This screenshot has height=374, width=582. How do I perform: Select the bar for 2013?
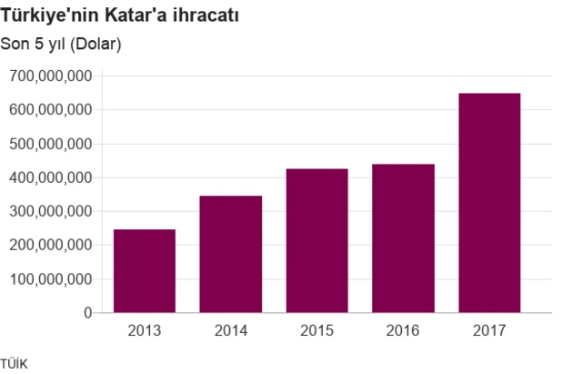coord(145,271)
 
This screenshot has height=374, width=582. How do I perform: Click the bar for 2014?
coord(231,254)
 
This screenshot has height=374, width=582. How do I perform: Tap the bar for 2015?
coord(317,240)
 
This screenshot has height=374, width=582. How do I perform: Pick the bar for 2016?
coord(404,238)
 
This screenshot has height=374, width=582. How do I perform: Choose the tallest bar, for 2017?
coord(489,203)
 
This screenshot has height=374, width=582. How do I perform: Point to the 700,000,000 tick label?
coord(50,76)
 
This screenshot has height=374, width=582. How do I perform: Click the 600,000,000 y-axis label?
coord(50,110)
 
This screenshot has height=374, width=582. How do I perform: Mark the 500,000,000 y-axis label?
coord(50,144)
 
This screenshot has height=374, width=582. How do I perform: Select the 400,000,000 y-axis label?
coord(50,177)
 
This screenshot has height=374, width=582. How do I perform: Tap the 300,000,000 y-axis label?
coord(50,211)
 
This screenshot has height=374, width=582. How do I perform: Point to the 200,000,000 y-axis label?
coord(50,245)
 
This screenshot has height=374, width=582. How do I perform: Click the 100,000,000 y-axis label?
coord(50,278)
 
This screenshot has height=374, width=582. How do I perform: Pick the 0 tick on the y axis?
coord(87,312)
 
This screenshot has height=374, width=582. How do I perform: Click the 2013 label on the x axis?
coord(145,329)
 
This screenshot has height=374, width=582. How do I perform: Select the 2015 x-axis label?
coord(317,329)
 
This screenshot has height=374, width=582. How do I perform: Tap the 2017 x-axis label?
coord(489,329)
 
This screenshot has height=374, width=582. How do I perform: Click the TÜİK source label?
coord(15,364)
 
